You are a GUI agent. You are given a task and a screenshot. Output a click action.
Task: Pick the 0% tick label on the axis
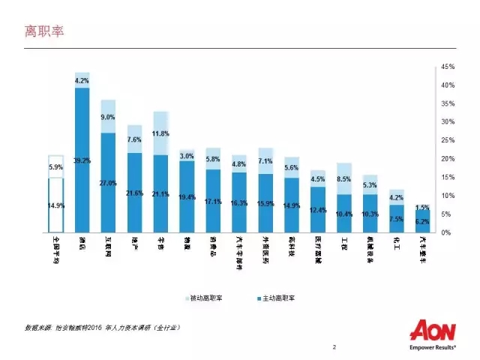pos(446,232)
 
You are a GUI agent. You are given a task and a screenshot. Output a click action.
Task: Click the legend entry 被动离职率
pos(207,298)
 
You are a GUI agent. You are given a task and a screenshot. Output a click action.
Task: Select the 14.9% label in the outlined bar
pos(56,205)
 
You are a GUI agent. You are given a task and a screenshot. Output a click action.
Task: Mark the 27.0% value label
pos(109,183)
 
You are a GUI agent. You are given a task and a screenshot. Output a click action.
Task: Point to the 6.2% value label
pos(423,221)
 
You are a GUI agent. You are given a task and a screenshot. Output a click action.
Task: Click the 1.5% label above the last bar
pos(423,207)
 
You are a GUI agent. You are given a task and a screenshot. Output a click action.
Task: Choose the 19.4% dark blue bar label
pos(187,197)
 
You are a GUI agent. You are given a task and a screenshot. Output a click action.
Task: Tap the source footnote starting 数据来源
pos(102,328)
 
